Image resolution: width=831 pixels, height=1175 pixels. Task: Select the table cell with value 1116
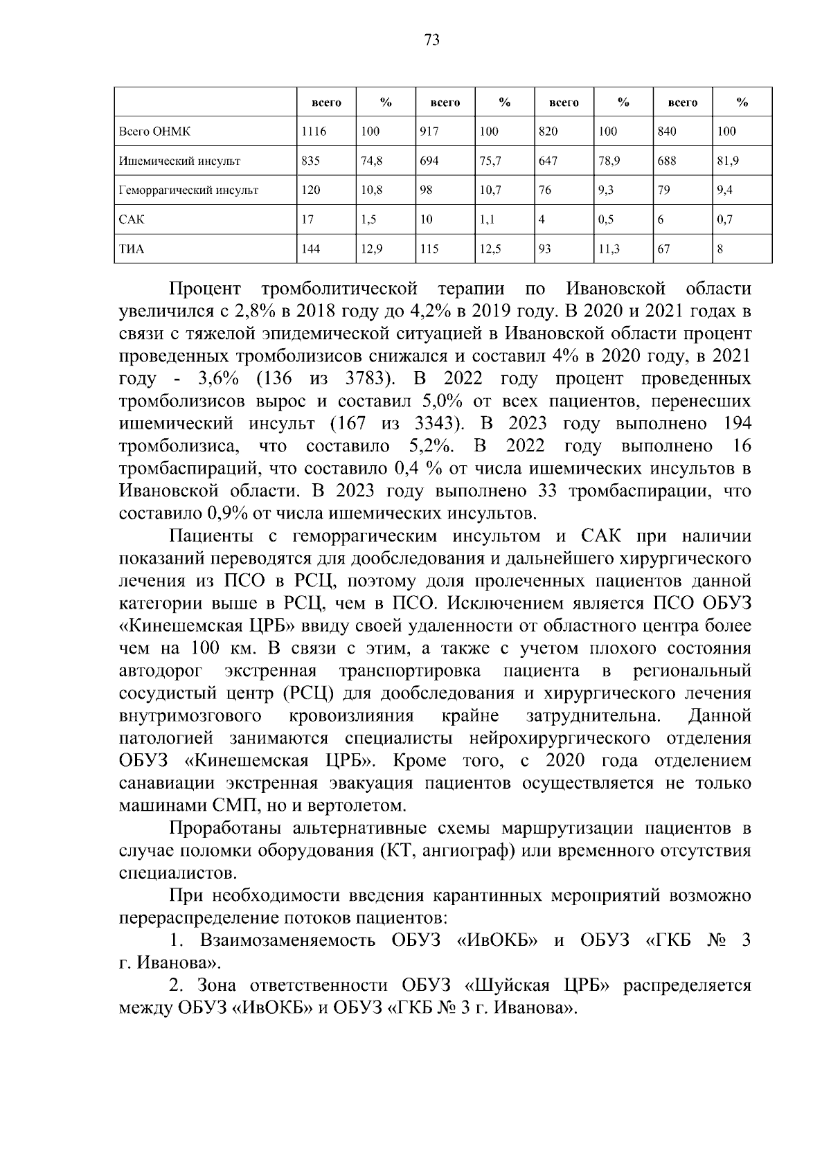point(314,132)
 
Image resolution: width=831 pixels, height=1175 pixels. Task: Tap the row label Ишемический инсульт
point(179,161)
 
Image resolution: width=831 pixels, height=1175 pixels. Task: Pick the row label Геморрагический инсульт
point(188,190)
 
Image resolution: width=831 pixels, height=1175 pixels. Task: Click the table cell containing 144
point(311,249)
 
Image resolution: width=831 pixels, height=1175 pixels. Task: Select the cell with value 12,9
point(372,249)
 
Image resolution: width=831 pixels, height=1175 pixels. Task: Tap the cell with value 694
point(429,161)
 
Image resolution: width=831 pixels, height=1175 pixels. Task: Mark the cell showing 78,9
point(609,161)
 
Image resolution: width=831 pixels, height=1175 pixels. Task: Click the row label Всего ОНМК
point(154,132)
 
